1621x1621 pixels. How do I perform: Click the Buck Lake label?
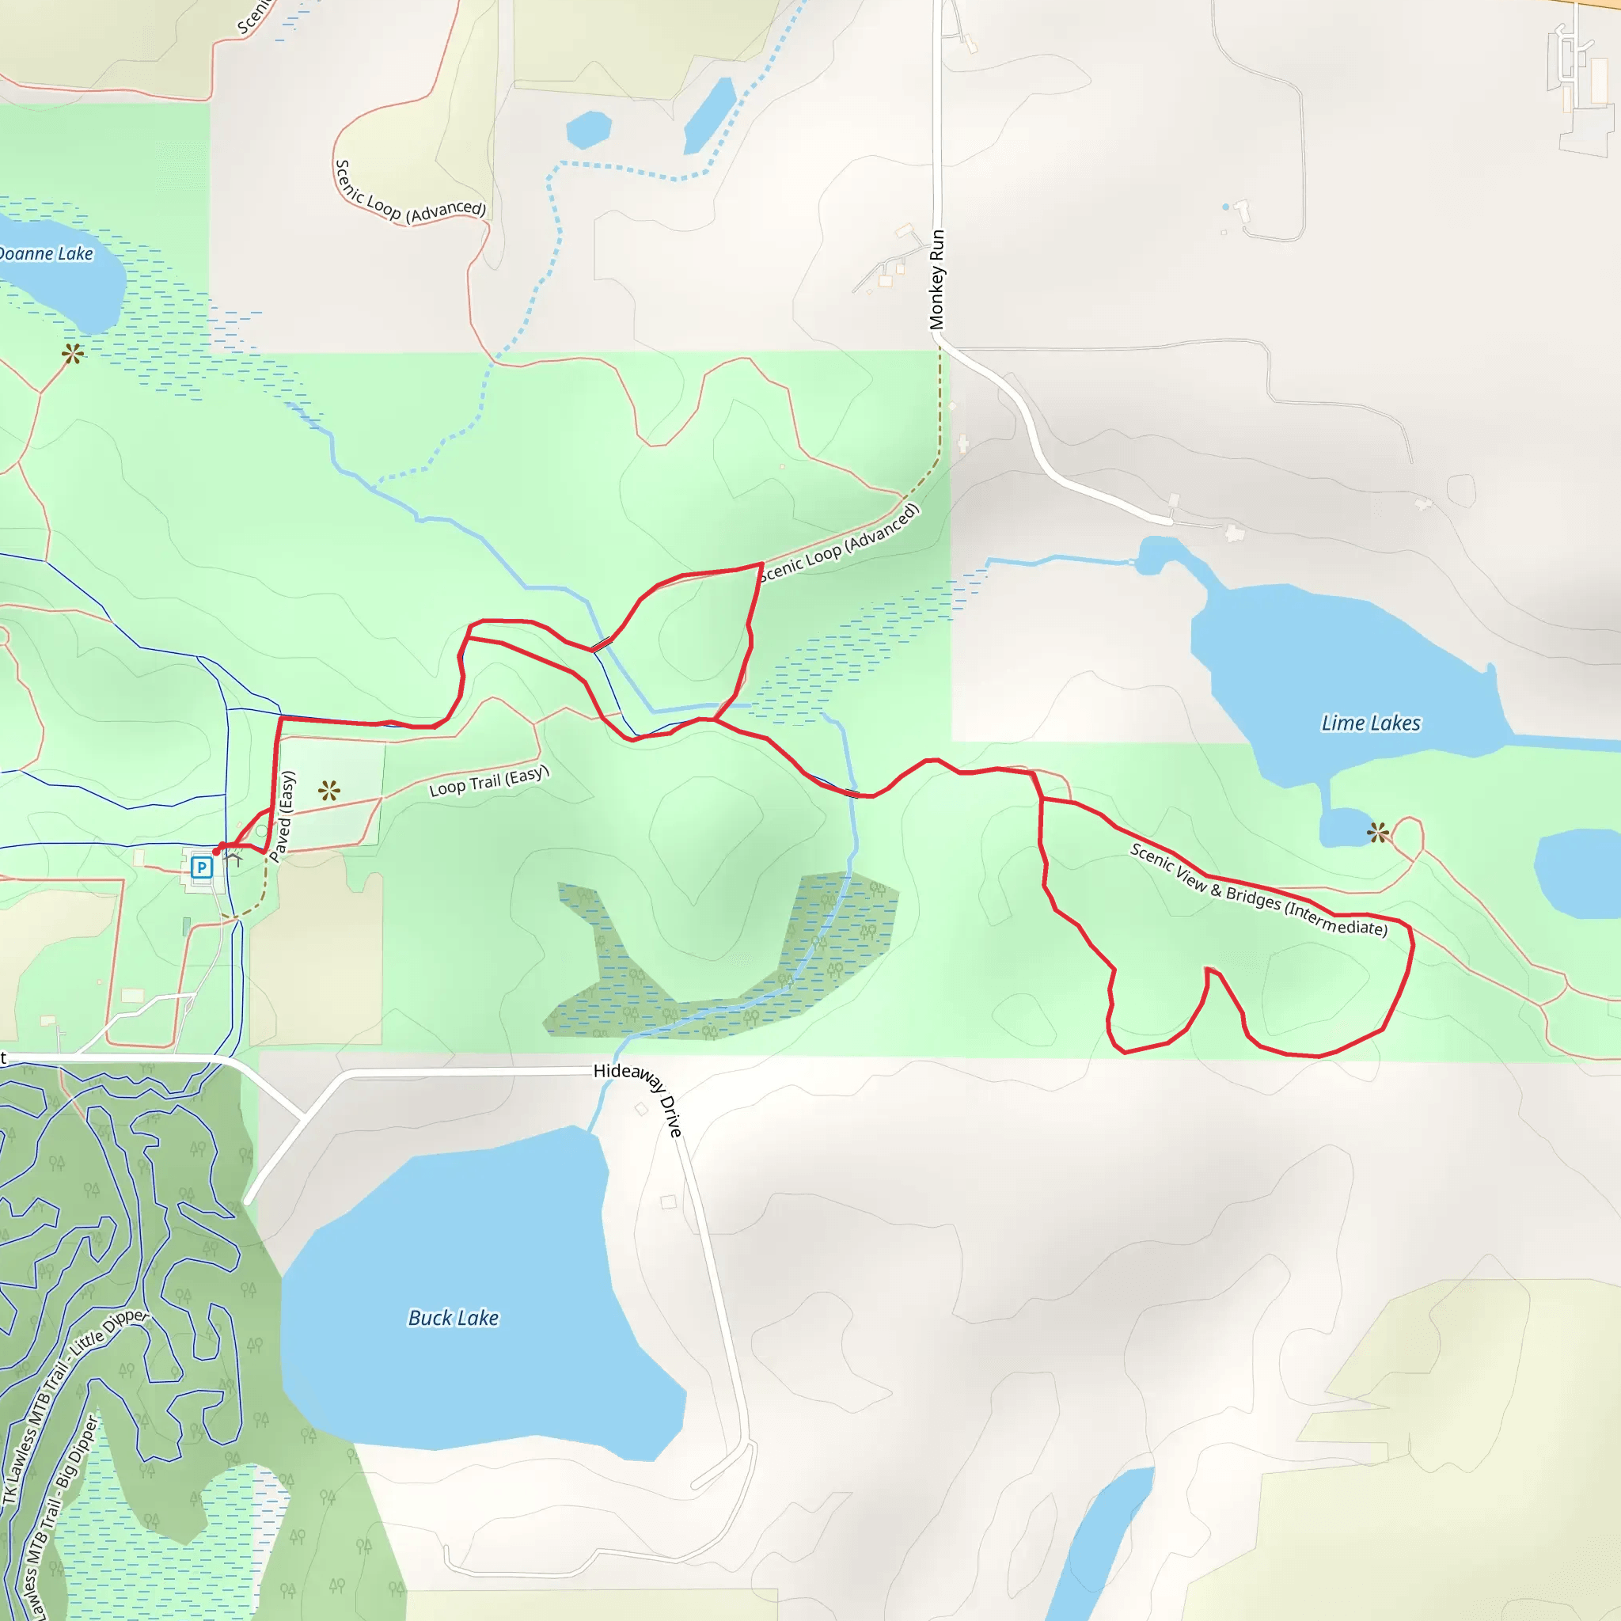coord(453,1317)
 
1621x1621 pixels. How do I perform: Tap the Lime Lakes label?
coord(1371,723)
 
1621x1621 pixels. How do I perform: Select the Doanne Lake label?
coord(45,253)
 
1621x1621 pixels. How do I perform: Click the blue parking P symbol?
coord(201,867)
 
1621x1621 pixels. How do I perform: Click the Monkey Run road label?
coord(936,279)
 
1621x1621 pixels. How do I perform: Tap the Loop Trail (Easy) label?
coord(488,780)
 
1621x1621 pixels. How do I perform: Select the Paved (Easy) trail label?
coord(283,816)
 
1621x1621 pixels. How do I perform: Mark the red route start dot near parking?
coord(216,851)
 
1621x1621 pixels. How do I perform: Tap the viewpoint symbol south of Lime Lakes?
coord(1378,833)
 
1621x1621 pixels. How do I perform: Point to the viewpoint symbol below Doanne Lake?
coord(73,354)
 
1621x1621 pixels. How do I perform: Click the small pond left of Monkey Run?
coord(588,129)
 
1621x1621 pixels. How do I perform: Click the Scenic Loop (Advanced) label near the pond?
coord(408,196)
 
